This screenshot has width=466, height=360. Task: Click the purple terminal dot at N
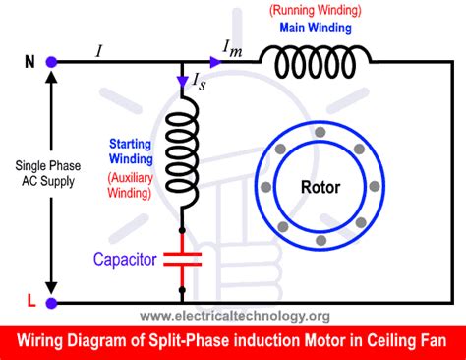(x=51, y=62)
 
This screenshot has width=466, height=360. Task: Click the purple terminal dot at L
(x=51, y=303)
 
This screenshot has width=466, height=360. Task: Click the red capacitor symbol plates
(x=181, y=261)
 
